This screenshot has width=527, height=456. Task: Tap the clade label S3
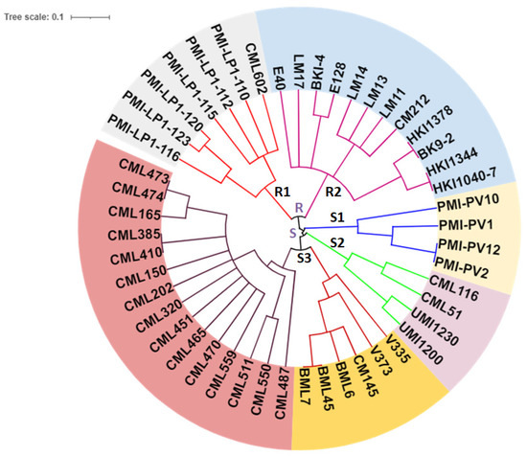303,257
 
